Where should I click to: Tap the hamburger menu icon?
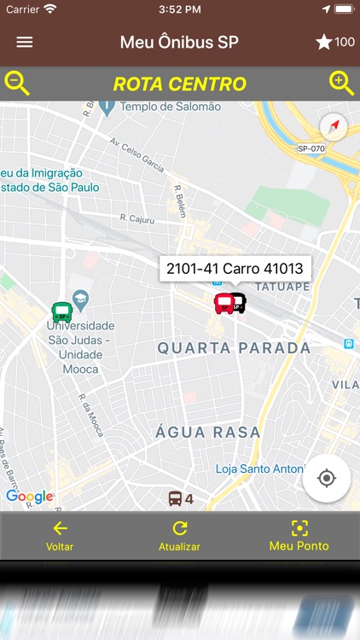point(25,43)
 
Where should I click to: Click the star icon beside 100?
point(324,43)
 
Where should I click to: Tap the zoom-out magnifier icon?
point(18,84)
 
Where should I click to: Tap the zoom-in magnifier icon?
point(341,84)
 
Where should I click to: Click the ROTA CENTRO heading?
point(179,84)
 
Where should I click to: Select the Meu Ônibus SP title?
point(179,43)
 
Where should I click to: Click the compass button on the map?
point(334,127)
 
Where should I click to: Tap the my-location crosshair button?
point(326,478)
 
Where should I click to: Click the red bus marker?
point(224,303)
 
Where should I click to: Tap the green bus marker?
point(61,312)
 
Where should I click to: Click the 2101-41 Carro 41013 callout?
point(235,269)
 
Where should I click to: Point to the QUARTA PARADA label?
point(234,348)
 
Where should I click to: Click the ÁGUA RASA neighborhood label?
point(208,433)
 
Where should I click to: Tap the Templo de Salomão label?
point(171,107)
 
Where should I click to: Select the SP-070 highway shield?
point(311,148)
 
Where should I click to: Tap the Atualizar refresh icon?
point(179,528)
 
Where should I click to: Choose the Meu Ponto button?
point(299,536)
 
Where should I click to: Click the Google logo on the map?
point(30,497)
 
